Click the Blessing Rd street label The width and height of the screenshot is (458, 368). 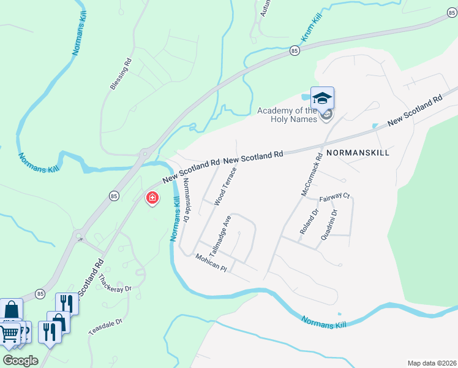(121, 74)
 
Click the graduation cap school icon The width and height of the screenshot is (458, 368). (322, 98)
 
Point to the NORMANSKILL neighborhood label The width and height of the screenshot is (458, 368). (358, 152)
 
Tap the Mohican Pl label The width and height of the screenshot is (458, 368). (211, 263)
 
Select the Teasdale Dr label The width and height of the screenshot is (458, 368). (105, 326)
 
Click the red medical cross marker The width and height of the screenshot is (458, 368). (151, 198)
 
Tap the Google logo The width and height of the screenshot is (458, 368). (20, 360)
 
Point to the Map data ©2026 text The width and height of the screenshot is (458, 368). (432, 363)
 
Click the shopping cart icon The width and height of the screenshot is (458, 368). (9, 334)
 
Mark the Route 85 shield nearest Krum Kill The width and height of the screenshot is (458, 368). (295, 51)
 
